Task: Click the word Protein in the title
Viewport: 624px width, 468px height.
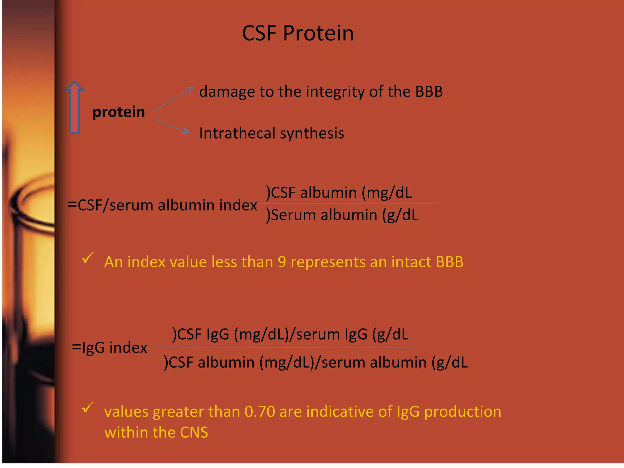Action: (x=318, y=33)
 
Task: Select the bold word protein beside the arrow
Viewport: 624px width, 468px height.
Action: (x=119, y=112)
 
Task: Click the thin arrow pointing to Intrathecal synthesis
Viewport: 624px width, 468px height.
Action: (x=171, y=126)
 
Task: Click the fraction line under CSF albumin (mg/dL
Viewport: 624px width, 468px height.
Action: (x=347, y=203)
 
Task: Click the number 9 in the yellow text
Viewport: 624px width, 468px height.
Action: (x=282, y=262)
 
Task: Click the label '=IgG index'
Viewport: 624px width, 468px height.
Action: (x=110, y=348)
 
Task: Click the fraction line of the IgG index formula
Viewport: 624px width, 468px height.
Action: (x=282, y=347)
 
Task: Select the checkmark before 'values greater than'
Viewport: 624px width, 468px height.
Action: (x=87, y=408)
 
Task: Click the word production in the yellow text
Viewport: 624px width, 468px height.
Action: (x=463, y=412)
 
